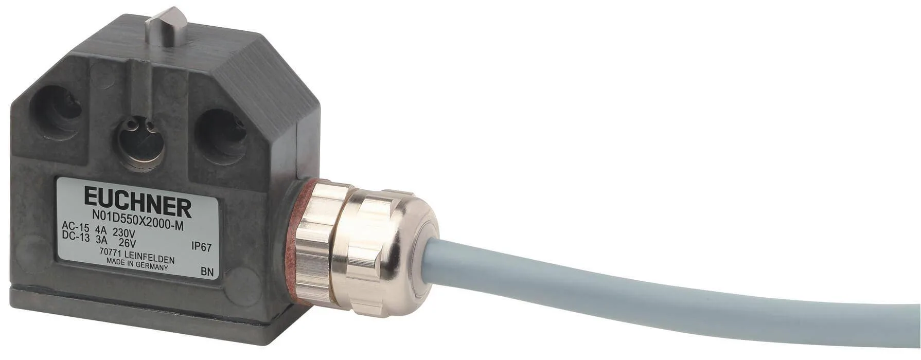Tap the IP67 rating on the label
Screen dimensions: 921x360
(201, 247)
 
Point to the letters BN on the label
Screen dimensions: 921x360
(207, 271)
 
